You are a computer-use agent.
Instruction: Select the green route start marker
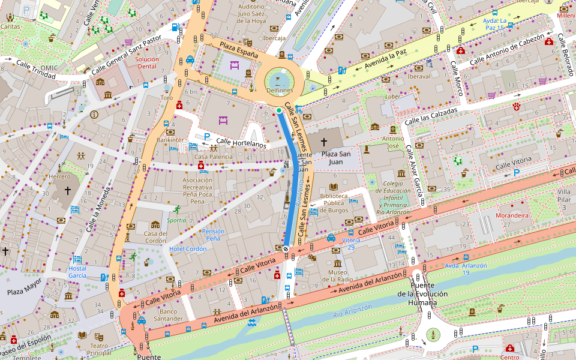(279, 110)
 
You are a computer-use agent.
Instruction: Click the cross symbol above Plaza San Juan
(324, 142)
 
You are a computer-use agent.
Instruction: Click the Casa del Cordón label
(155, 237)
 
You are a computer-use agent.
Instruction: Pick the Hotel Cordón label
(188, 249)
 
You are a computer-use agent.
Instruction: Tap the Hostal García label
(77, 272)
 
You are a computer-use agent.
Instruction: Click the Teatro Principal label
(99, 349)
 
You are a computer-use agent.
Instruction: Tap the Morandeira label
(512, 215)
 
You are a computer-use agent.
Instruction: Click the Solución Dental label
(147, 63)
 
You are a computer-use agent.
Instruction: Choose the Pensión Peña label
(214, 235)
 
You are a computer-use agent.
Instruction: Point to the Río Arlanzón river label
(352, 311)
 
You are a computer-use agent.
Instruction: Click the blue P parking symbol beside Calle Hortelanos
(207, 136)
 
